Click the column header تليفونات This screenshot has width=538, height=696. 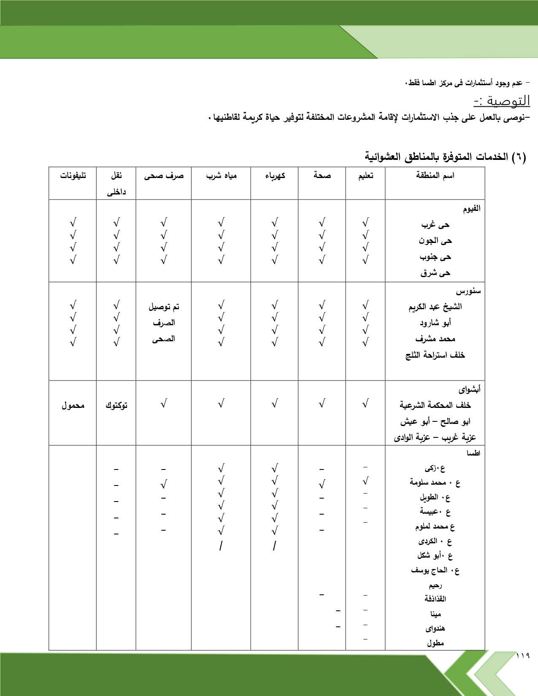click(73, 175)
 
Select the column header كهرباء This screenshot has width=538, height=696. click(275, 175)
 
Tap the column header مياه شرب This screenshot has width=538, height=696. click(221, 175)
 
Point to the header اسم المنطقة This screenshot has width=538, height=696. click(435, 175)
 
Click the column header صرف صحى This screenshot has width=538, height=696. click(164, 175)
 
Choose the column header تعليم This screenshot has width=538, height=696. click(365, 175)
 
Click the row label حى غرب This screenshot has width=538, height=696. click(435, 225)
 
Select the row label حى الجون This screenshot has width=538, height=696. click(435, 241)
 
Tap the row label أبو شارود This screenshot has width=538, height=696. click(435, 323)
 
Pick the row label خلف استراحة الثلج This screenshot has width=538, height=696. click(435, 355)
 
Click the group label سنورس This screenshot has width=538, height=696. click(468, 291)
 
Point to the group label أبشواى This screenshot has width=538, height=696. click(469, 389)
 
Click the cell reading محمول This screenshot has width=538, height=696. click(73, 405)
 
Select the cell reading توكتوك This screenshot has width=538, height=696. click(116, 405)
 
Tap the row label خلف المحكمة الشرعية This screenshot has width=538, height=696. click(435, 405)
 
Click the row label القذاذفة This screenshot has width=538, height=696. click(435, 599)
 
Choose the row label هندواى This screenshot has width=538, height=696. click(435, 629)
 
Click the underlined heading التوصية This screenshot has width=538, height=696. click(502, 101)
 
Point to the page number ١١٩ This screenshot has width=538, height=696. click(523, 656)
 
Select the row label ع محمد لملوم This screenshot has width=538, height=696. click(435, 527)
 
